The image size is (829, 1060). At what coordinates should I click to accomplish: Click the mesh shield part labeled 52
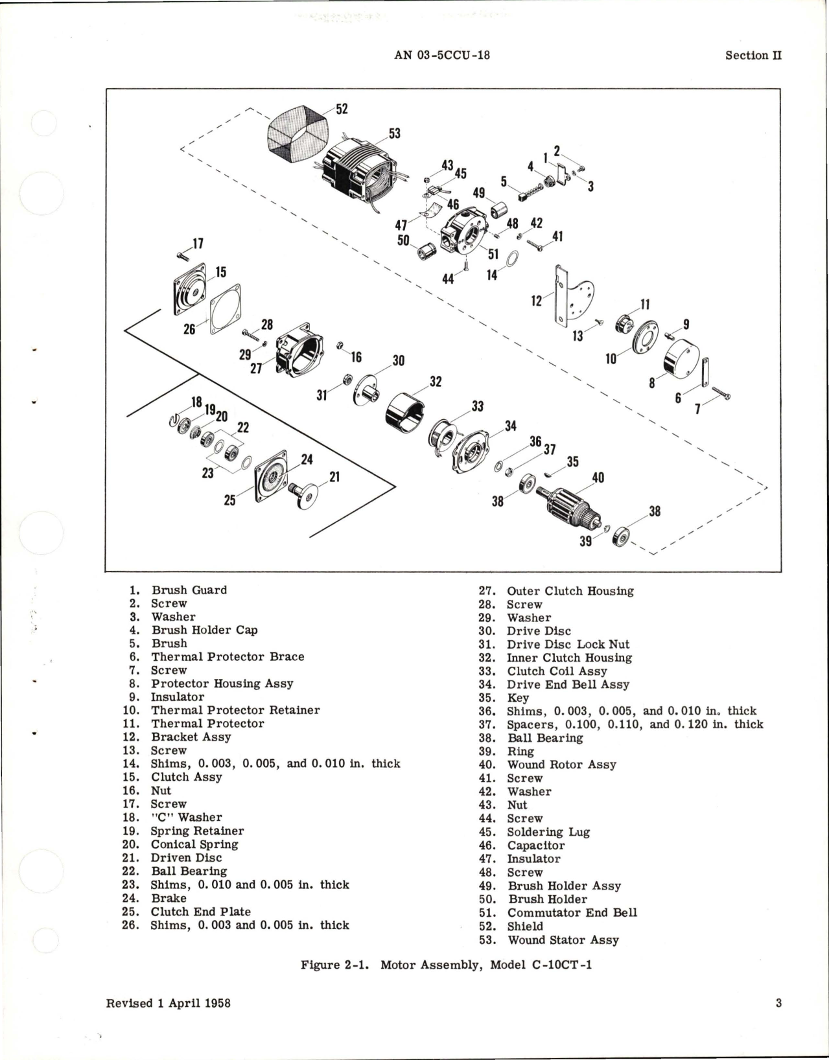click(299, 137)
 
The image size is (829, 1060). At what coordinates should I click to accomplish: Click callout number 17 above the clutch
click(197, 244)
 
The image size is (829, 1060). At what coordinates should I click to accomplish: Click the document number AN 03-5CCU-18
click(441, 55)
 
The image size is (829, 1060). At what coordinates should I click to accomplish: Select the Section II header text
click(753, 55)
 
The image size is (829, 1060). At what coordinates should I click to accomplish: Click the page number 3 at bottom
click(778, 1021)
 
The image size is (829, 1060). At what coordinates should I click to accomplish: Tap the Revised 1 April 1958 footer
click(168, 1021)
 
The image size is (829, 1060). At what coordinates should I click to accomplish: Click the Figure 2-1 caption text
click(446, 965)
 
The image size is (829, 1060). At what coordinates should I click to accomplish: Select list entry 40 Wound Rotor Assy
click(561, 765)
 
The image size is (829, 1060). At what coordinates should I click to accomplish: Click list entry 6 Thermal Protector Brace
click(227, 656)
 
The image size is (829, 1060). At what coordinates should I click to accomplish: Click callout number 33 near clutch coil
click(478, 406)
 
